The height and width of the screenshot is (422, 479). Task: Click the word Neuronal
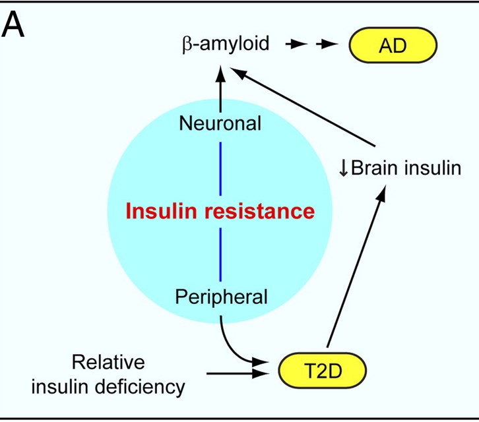click(221, 123)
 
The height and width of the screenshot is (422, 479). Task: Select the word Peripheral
click(221, 296)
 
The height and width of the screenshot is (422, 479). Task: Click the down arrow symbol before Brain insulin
click(342, 168)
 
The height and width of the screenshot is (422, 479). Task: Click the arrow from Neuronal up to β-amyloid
click(221, 88)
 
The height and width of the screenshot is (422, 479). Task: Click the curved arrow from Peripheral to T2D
click(231, 343)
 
